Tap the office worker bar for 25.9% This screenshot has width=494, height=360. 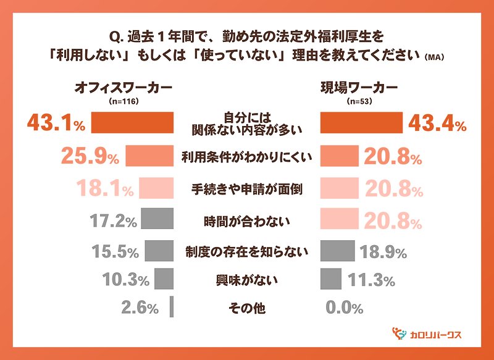click(149, 157)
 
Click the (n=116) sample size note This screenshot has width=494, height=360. click(123, 101)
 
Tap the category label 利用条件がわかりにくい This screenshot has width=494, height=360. click(246, 157)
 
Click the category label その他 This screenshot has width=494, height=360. click(246, 307)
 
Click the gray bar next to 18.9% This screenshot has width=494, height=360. click(338, 251)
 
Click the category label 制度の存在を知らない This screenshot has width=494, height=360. click(246, 251)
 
